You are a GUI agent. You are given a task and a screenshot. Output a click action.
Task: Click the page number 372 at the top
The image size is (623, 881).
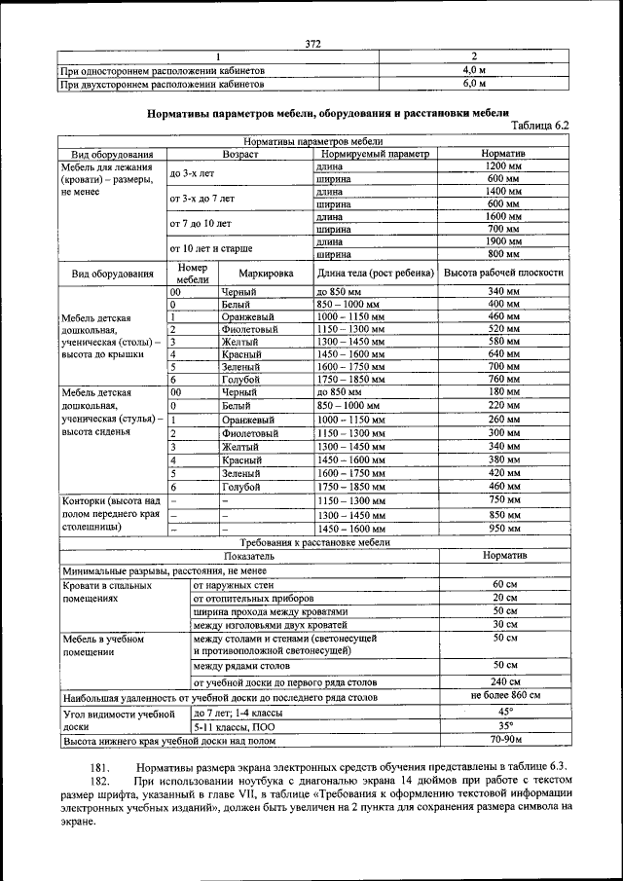click(312, 43)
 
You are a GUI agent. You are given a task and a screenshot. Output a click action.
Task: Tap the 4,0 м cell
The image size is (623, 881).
click(474, 70)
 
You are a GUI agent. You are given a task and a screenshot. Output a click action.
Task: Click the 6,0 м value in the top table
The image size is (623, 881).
click(474, 84)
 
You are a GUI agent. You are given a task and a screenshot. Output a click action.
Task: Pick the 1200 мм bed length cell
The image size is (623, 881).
click(503, 166)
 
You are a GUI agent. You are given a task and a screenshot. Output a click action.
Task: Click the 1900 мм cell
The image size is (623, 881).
click(503, 240)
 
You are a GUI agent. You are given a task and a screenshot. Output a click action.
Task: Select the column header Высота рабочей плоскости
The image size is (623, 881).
click(503, 274)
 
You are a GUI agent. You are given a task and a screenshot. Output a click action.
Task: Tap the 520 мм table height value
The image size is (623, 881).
click(503, 329)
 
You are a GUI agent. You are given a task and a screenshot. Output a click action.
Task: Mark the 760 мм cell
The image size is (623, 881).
click(503, 379)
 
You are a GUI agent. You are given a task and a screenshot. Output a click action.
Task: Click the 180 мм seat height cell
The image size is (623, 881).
click(503, 391)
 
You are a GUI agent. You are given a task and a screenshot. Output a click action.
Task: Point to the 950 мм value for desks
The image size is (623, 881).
click(503, 528)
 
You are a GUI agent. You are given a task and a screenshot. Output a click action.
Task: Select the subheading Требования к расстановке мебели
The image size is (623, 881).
click(315, 541)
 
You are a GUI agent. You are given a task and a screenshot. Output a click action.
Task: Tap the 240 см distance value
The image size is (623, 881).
click(504, 681)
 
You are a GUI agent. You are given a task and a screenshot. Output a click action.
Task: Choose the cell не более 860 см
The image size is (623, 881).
click(504, 696)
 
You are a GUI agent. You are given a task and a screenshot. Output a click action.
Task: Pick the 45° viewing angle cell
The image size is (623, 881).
click(504, 712)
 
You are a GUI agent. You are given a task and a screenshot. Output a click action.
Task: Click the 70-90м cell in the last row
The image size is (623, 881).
click(504, 740)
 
